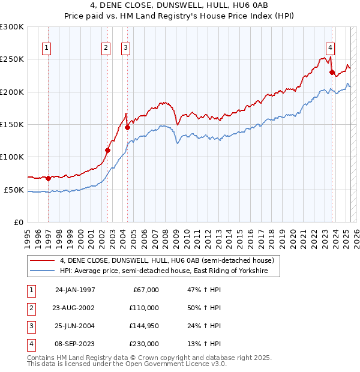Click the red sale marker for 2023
[332, 72]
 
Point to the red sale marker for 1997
[48, 178]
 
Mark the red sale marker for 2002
[108, 150]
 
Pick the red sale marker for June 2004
[127, 127]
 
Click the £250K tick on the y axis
[11, 59]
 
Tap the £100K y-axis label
[11, 157]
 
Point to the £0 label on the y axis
[17, 222]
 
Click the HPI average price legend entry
[169, 271]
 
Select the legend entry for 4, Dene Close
[167, 260]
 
